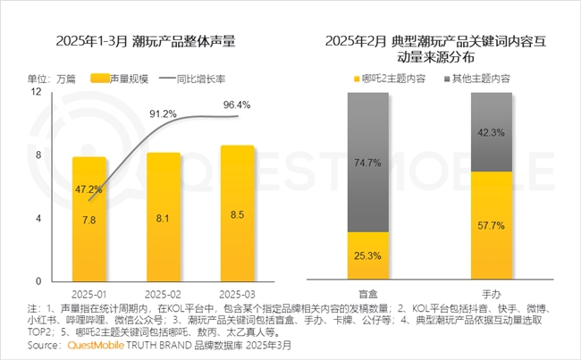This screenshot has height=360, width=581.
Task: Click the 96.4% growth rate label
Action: [x=237, y=105]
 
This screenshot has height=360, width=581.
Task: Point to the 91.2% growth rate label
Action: [x=163, y=114]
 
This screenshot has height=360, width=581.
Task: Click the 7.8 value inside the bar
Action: [x=89, y=220]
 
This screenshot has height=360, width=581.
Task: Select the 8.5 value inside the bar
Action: [x=236, y=214]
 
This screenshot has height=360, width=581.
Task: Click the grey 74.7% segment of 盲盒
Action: [x=367, y=163]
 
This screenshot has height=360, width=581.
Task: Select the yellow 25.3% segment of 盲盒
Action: [x=367, y=256]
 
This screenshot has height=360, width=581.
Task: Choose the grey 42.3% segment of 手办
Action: [x=492, y=132]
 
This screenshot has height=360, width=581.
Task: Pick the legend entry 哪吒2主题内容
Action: [x=391, y=79]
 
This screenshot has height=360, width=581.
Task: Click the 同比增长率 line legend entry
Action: [x=193, y=79]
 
